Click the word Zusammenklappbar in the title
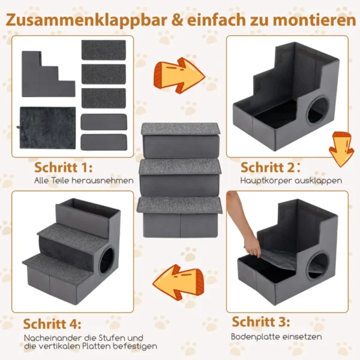(86, 20)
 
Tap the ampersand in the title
(177, 20)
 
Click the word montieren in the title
(314, 20)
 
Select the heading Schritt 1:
(64, 167)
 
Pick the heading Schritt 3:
(261, 322)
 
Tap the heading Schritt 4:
(52, 324)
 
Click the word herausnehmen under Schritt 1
(103, 181)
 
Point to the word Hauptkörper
(266, 181)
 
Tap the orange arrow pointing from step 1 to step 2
(179, 75)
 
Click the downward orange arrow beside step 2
(341, 149)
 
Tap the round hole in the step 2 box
(318, 110)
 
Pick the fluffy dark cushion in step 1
(47, 128)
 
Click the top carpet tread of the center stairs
(181, 129)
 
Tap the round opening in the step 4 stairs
(107, 260)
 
